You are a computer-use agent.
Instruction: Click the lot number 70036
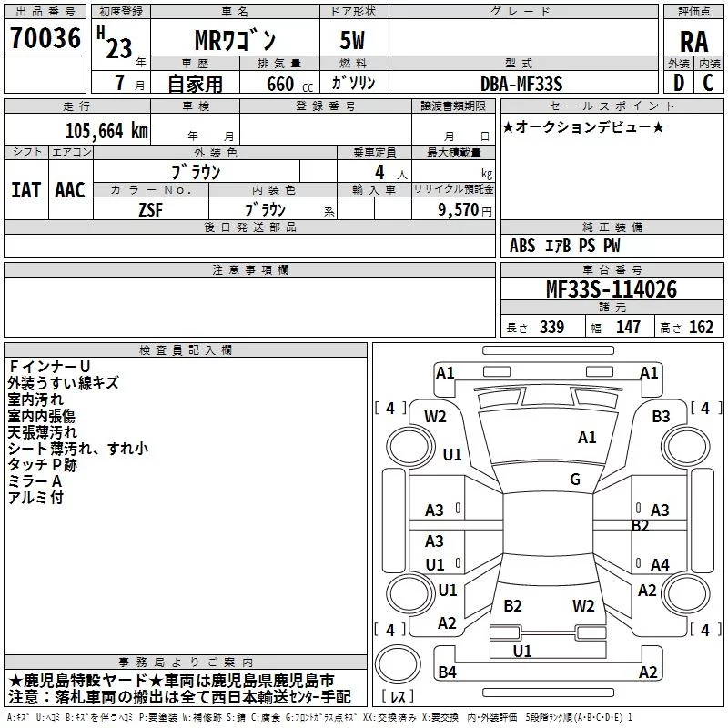[45, 38]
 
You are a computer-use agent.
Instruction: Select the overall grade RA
[694, 42]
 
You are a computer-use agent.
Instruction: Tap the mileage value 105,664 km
[106, 131]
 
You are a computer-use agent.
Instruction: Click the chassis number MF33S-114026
[612, 289]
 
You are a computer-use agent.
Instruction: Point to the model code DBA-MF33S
[521, 84]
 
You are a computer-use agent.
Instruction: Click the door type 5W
[352, 40]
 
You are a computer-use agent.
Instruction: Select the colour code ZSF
[151, 210]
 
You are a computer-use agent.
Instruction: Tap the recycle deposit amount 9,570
[459, 209]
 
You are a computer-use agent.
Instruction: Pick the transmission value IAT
[25, 190]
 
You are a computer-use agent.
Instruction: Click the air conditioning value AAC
[70, 190]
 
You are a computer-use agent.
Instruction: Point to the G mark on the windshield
[575, 479]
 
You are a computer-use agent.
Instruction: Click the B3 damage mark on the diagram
[661, 416]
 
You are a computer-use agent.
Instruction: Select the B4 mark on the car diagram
[447, 672]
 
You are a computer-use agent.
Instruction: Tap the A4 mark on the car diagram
[660, 564]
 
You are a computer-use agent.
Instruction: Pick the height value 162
[701, 327]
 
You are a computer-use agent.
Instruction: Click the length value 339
[551, 327]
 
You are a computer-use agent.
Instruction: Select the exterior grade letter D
[679, 83]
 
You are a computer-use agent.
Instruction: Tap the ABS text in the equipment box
[522, 246]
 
